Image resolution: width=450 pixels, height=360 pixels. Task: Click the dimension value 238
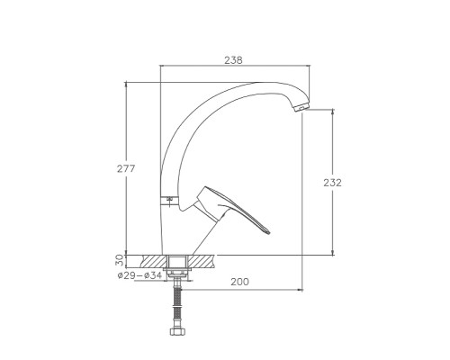[233, 60]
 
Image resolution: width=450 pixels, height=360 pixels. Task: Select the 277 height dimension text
[126, 169]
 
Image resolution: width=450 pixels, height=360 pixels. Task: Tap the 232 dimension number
[332, 183]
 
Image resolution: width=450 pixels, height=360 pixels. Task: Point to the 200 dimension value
[239, 282]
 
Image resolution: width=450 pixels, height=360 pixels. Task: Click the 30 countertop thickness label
[120, 260]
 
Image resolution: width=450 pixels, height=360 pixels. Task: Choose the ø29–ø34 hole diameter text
[139, 275]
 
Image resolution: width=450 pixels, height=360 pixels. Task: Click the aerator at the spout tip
[301, 108]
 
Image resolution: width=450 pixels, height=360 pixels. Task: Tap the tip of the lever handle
[269, 232]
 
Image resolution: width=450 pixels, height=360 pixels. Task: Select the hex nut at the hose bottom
[177, 331]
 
